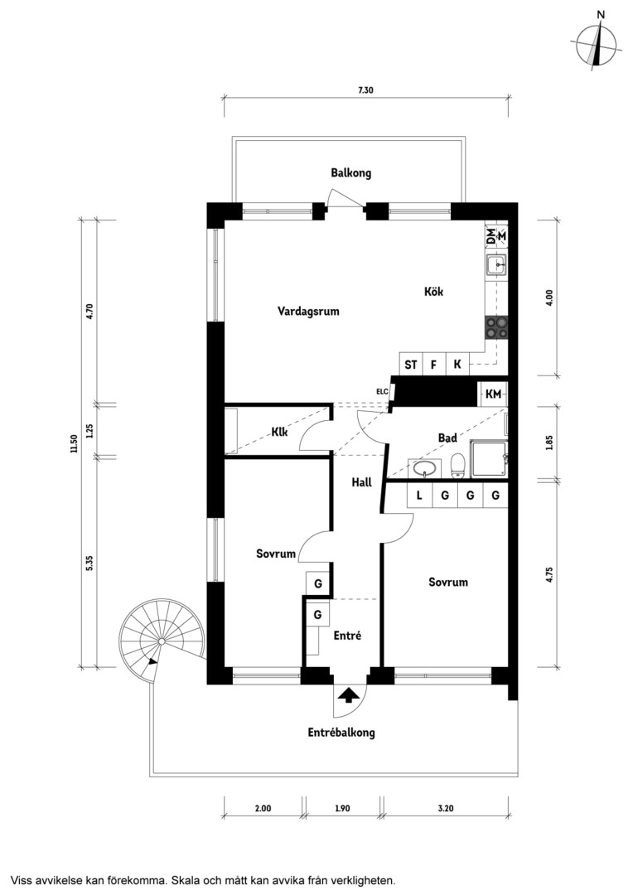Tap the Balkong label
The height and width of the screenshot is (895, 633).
coord(351,172)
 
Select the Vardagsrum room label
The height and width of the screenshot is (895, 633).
coord(308,312)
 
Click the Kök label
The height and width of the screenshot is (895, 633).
coord(433,292)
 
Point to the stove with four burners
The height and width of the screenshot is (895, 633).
coord(496,328)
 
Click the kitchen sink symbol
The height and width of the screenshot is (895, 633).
coord(496,265)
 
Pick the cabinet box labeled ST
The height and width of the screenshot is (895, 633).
coord(410,364)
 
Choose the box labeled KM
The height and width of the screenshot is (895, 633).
coord(493,394)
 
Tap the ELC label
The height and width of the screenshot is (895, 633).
coord(382,391)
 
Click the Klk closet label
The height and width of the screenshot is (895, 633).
coord(280,432)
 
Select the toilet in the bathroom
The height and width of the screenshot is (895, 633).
coord(457,466)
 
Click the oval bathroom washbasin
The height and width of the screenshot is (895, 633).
coord(425,469)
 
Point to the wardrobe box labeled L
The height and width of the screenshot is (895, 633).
coord(419,496)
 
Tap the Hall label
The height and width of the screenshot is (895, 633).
coord(361,482)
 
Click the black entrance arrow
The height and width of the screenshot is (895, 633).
coord(349,694)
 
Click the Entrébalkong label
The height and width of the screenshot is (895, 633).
coord(341,733)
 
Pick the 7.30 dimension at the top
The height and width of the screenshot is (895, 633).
coord(366,89)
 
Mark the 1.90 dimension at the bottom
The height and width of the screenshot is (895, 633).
coord(342,808)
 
